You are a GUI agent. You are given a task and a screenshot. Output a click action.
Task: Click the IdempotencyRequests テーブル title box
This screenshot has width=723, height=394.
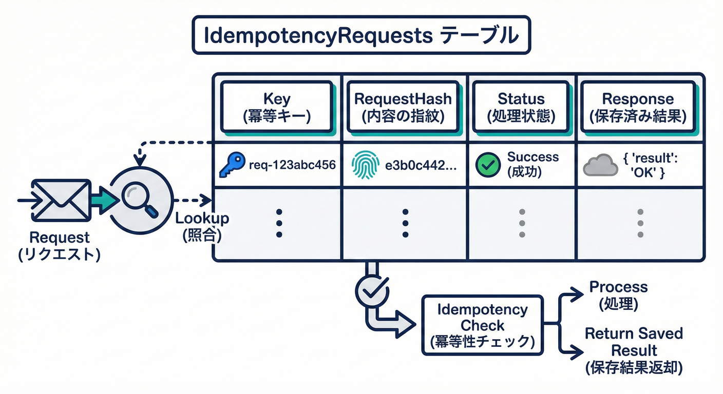pyautogui.click(x=361, y=35)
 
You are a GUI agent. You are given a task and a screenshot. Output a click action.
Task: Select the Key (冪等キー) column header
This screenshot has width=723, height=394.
pyautogui.click(x=277, y=108)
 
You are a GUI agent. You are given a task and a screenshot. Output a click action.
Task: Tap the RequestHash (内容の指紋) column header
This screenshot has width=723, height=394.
pyautogui.click(x=404, y=108)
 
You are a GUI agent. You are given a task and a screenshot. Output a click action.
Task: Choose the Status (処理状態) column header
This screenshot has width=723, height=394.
pyautogui.click(x=521, y=108)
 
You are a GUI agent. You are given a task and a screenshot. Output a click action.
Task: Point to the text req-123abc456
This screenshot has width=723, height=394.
pyautogui.click(x=292, y=165)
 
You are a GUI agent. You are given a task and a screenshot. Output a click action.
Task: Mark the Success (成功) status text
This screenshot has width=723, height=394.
pyautogui.click(x=532, y=165)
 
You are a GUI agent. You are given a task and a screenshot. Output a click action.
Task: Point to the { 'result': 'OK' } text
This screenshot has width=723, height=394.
pyautogui.click(x=651, y=165)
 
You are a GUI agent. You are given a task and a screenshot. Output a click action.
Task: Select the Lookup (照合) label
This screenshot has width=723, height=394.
pyautogui.click(x=202, y=226)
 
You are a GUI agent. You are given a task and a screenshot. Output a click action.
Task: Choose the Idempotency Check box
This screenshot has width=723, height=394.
pyautogui.click(x=482, y=325)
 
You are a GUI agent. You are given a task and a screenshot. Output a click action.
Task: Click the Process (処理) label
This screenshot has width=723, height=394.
pyautogui.click(x=618, y=295)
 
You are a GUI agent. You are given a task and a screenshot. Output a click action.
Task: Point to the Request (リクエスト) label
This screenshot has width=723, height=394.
pyautogui.click(x=59, y=246)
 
